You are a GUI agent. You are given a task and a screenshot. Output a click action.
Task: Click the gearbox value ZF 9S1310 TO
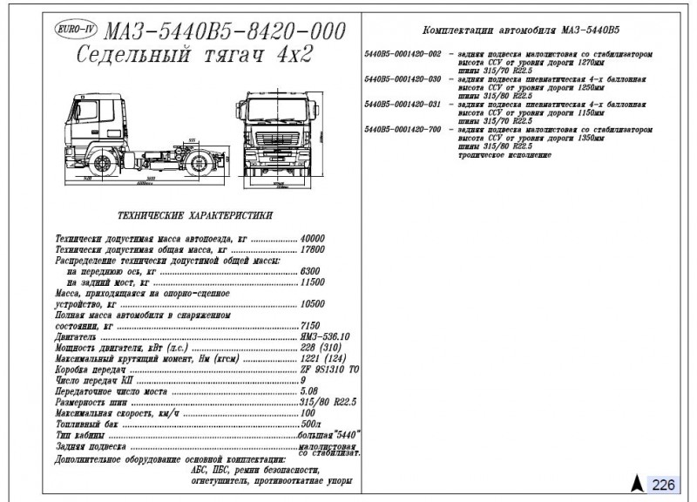point(329,369)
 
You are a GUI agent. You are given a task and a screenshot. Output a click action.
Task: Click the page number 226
point(663,484)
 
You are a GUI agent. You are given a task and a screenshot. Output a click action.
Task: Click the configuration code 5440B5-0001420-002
point(403,54)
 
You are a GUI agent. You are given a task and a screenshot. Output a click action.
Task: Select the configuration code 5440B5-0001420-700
point(403,129)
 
